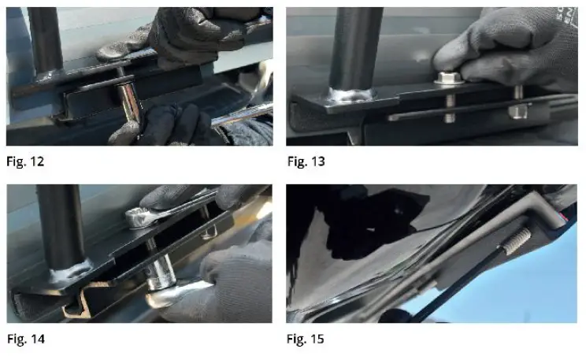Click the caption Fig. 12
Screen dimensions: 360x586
pyautogui.click(x=26, y=162)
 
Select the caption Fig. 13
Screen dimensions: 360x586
pyautogui.click(x=306, y=162)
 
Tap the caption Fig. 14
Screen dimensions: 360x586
pyautogui.click(x=26, y=340)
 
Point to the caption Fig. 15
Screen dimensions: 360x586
pyautogui.click(x=306, y=340)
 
